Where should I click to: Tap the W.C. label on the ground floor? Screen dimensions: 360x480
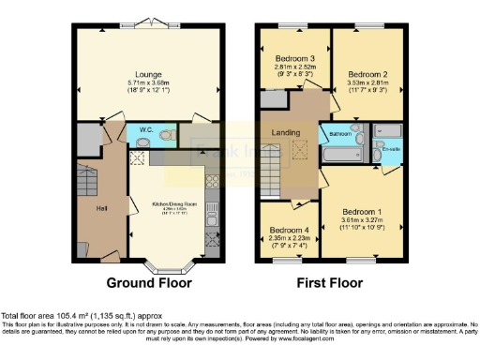point(146,129)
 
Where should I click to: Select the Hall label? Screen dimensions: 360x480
point(101,207)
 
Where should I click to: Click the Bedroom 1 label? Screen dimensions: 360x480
point(361,212)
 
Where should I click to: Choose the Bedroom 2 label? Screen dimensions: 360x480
point(367,74)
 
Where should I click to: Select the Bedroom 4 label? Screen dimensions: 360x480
point(288,230)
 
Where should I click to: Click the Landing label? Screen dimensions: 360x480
point(286,133)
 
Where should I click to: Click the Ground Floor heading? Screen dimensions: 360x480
point(148,282)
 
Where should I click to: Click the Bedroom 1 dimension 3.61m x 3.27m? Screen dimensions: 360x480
point(361,221)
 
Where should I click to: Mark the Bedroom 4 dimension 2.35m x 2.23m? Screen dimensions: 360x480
point(288,238)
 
